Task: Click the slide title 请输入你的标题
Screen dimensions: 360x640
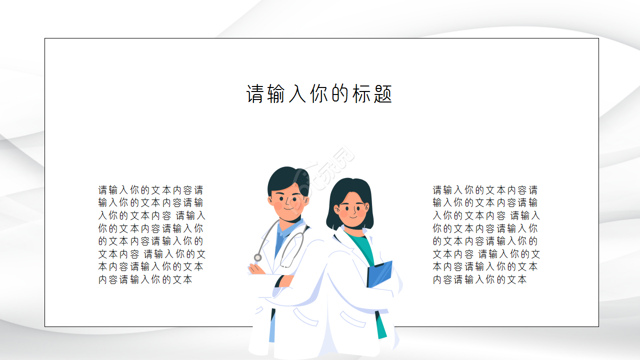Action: [x=319, y=94]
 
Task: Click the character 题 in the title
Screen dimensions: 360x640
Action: [x=382, y=94]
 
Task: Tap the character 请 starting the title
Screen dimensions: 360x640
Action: [x=255, y=94]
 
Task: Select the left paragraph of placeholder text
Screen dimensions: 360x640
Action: [x=151, y=234]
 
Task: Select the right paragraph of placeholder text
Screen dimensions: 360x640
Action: [x=486, y=234]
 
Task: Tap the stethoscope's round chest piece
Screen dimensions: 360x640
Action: [x=257, y=257]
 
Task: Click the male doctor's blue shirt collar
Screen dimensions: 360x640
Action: [x=283, y=231]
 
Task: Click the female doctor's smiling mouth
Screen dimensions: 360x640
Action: [x=353, y=216]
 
